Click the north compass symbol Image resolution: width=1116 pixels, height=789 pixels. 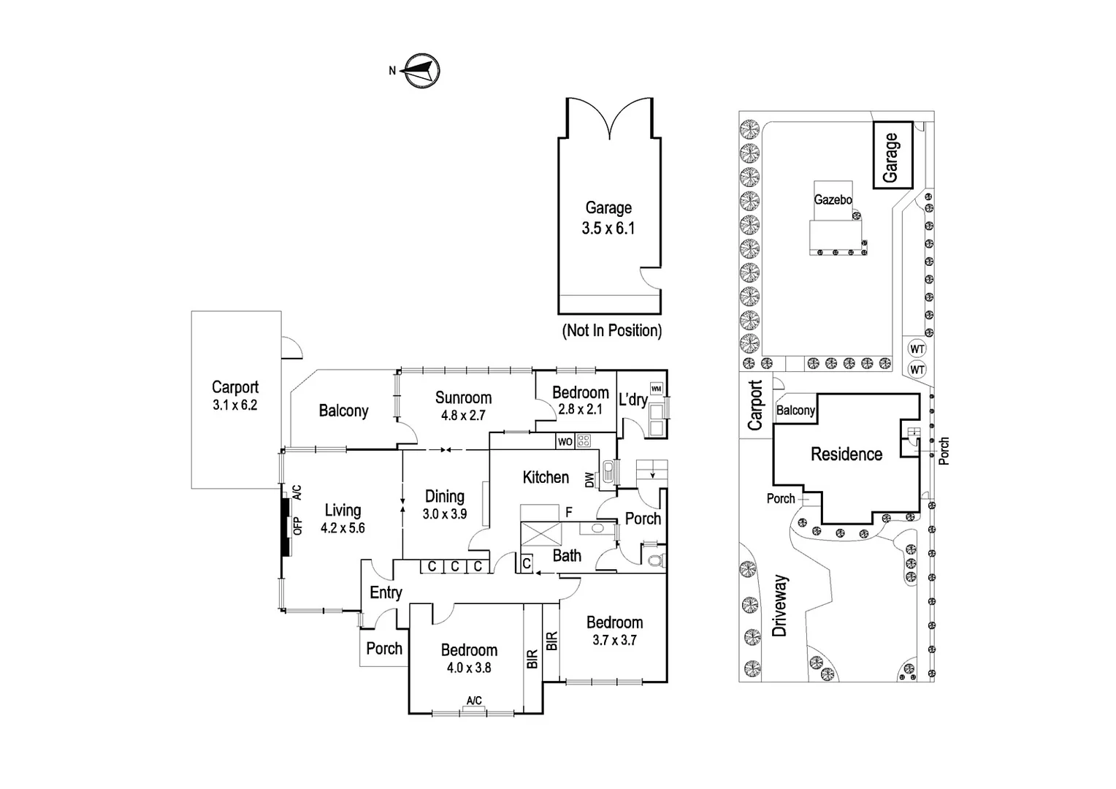[x=421, y=71]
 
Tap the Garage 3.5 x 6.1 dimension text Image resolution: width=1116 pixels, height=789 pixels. [x=608, y=228]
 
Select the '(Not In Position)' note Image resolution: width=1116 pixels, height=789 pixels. [x=612, y=330]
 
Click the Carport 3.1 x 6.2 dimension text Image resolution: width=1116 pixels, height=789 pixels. [x=235, y=405]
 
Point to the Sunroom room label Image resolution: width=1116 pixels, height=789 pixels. [x=463, y=397]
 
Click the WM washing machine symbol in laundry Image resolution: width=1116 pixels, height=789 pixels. [x=657, y=389]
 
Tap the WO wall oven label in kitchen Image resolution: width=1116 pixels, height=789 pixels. [x=565, y=441]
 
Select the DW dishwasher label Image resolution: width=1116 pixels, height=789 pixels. [x=590, y=480]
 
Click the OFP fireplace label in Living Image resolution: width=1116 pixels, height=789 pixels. [x=297, y=526]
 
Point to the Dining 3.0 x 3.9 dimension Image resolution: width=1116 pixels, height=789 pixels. [x=444, y=514]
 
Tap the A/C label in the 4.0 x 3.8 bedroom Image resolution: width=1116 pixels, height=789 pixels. [x=474, y=701]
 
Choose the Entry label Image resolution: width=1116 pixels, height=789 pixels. [x=386, y=592]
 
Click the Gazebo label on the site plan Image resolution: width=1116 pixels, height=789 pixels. [x=833, y=200]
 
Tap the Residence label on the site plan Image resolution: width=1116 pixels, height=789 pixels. [x=846, y=454]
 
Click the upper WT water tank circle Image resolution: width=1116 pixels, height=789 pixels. [x=917, y=349]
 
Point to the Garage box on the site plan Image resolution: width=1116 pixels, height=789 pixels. [x=893, y=155]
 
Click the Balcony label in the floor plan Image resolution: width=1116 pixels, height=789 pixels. [x=344, y=411]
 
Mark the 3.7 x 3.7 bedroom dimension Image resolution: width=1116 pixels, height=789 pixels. [x=614, y=640]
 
